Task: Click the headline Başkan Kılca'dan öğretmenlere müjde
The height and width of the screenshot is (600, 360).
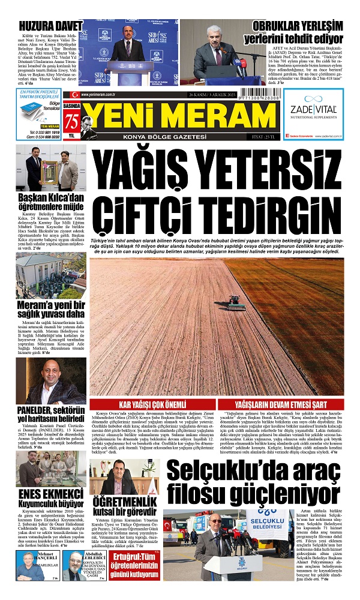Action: tap(50, 202)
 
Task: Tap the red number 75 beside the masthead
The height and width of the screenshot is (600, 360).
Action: tap(72, 120)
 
